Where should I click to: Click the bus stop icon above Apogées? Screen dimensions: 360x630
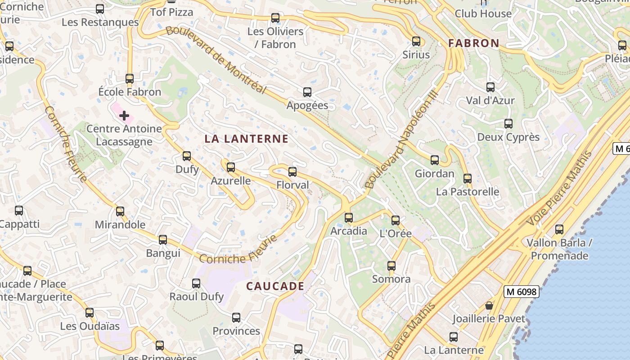(307, 92)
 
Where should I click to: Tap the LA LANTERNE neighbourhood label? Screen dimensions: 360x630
(246, 139)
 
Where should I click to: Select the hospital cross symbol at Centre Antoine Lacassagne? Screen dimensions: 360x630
(124, 116)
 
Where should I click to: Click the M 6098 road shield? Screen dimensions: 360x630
(521, 292)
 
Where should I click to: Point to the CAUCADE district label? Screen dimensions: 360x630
(275, 286)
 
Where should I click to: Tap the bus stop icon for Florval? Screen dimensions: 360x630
(292, 171)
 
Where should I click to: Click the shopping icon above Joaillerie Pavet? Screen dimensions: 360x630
(489, 306)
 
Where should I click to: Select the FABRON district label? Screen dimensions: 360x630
(474, 43)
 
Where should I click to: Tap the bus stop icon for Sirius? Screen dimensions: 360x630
(416, 41)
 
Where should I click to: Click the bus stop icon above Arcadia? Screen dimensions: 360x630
(349, 218)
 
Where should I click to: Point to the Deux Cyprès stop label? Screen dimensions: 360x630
(508, 137)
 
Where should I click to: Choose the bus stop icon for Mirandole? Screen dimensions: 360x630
(120, 211)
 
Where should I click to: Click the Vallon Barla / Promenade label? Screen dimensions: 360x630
(559, 249)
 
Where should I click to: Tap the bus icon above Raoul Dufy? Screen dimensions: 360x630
(196, 283)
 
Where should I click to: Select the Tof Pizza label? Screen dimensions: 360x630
(171, 12)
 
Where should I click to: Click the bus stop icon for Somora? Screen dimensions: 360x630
(391, 266)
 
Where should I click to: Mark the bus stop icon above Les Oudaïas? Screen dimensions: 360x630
(90, 313)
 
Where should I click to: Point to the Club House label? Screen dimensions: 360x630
(483, 13)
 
